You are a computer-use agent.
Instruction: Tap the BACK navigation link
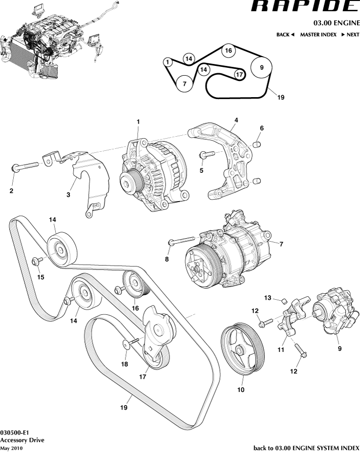(286, 35)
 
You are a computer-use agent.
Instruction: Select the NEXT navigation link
(350, 35)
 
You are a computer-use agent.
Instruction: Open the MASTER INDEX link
(318, 35)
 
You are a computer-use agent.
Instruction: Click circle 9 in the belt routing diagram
(261, 68)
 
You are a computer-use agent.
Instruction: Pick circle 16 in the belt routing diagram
(228, 50)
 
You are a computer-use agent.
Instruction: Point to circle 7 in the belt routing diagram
(184, 84)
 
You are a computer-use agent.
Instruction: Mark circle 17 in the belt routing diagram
(238, 75)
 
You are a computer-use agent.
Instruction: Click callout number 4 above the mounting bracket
(236, 120)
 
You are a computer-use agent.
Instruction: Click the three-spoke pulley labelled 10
(242, 347)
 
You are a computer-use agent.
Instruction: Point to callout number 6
(261, 128)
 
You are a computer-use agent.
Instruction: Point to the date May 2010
(11, 448)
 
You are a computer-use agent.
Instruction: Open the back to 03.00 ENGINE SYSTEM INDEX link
(306, 448)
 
